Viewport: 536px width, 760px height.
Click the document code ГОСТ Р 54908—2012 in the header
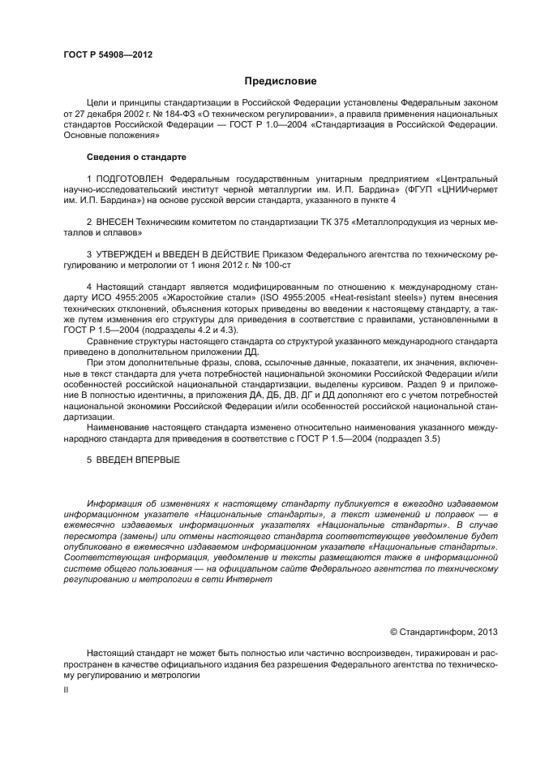108,54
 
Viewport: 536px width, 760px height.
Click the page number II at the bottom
66,689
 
